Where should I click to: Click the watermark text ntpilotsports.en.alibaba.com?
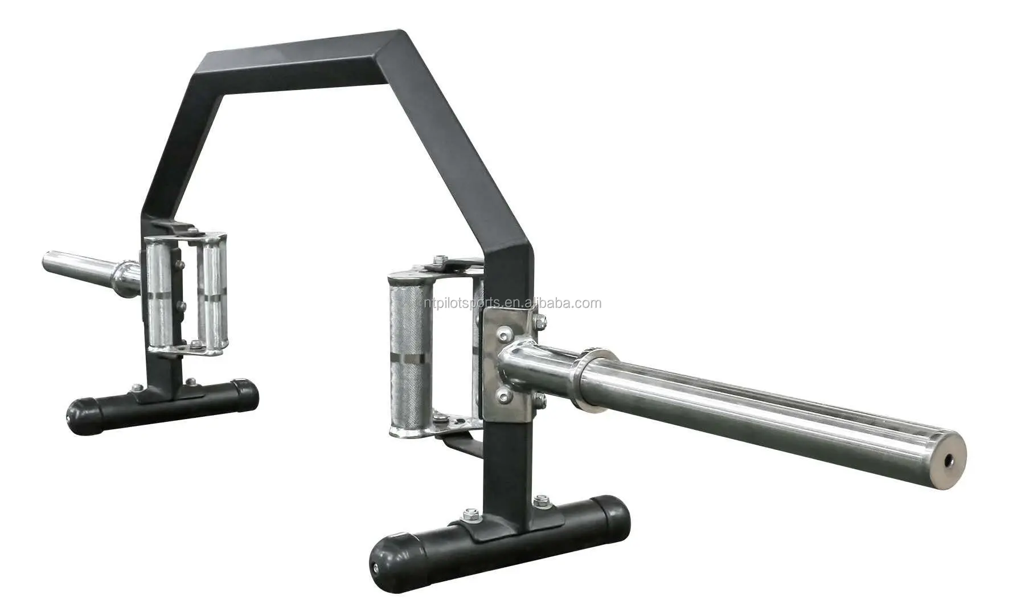point(510,303)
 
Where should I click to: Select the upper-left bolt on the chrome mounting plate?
point(504,333)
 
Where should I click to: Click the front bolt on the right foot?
point(470,514)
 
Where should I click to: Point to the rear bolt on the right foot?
point(540,500)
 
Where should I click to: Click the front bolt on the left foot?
point(137,388)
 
